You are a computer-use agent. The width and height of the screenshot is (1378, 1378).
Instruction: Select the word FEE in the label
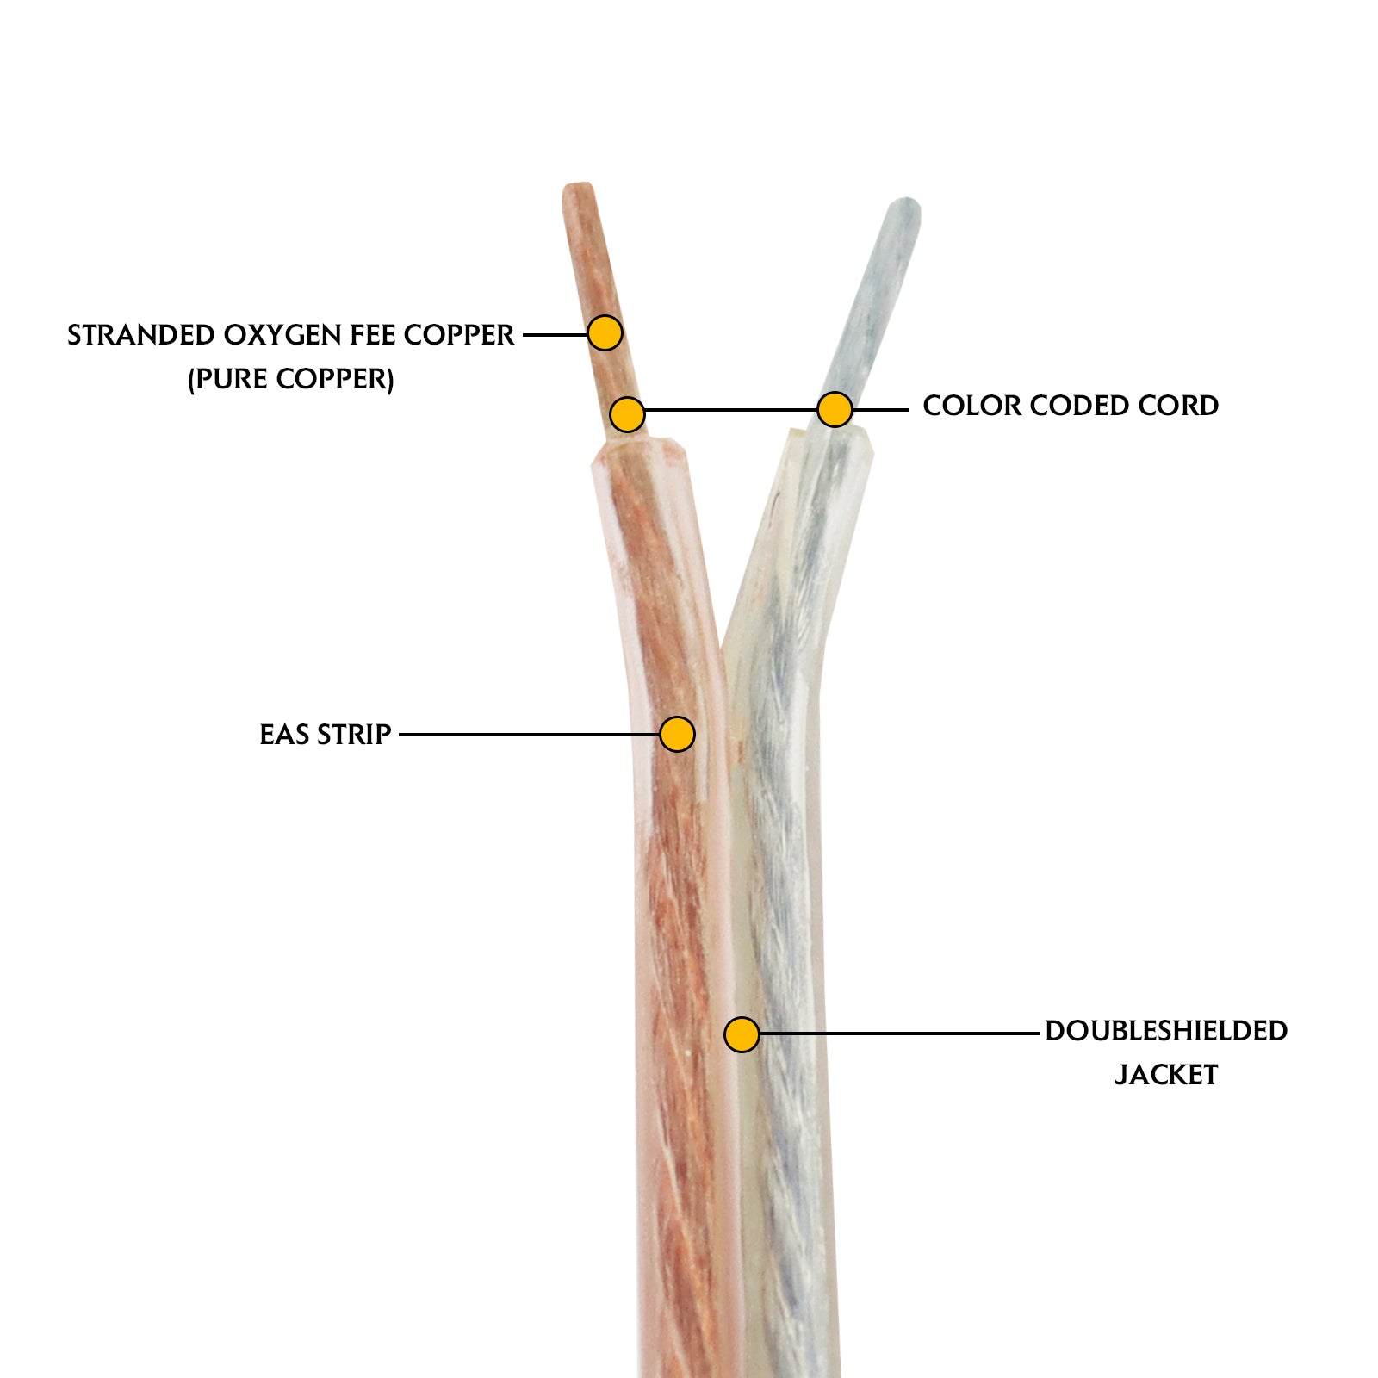[373, 335]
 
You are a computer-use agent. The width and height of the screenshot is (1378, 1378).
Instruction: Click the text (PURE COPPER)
[291, 379]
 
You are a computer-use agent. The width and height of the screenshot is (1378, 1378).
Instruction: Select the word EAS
[284, 735]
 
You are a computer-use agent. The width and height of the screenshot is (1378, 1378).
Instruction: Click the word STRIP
[354, 735]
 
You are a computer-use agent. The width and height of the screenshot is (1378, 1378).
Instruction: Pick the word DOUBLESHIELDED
[1166, 1031]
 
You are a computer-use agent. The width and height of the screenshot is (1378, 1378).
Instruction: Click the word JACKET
[1166, 1075]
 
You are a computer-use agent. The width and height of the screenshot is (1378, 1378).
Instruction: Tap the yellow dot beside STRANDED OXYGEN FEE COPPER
[605, 332]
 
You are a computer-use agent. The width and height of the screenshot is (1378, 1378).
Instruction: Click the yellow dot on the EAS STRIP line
[677, 734]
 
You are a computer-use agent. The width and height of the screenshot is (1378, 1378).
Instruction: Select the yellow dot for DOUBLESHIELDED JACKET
[742, 1034]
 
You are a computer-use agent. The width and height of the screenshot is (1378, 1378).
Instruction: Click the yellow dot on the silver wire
[835, 409]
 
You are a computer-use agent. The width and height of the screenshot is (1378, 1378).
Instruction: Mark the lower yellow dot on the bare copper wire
[627, 414]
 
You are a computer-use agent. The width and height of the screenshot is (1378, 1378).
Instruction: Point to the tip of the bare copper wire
[576, 189]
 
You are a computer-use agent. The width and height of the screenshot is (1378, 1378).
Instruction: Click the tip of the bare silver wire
[906, 207]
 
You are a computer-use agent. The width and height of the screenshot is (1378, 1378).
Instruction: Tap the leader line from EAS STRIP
[530, 735]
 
